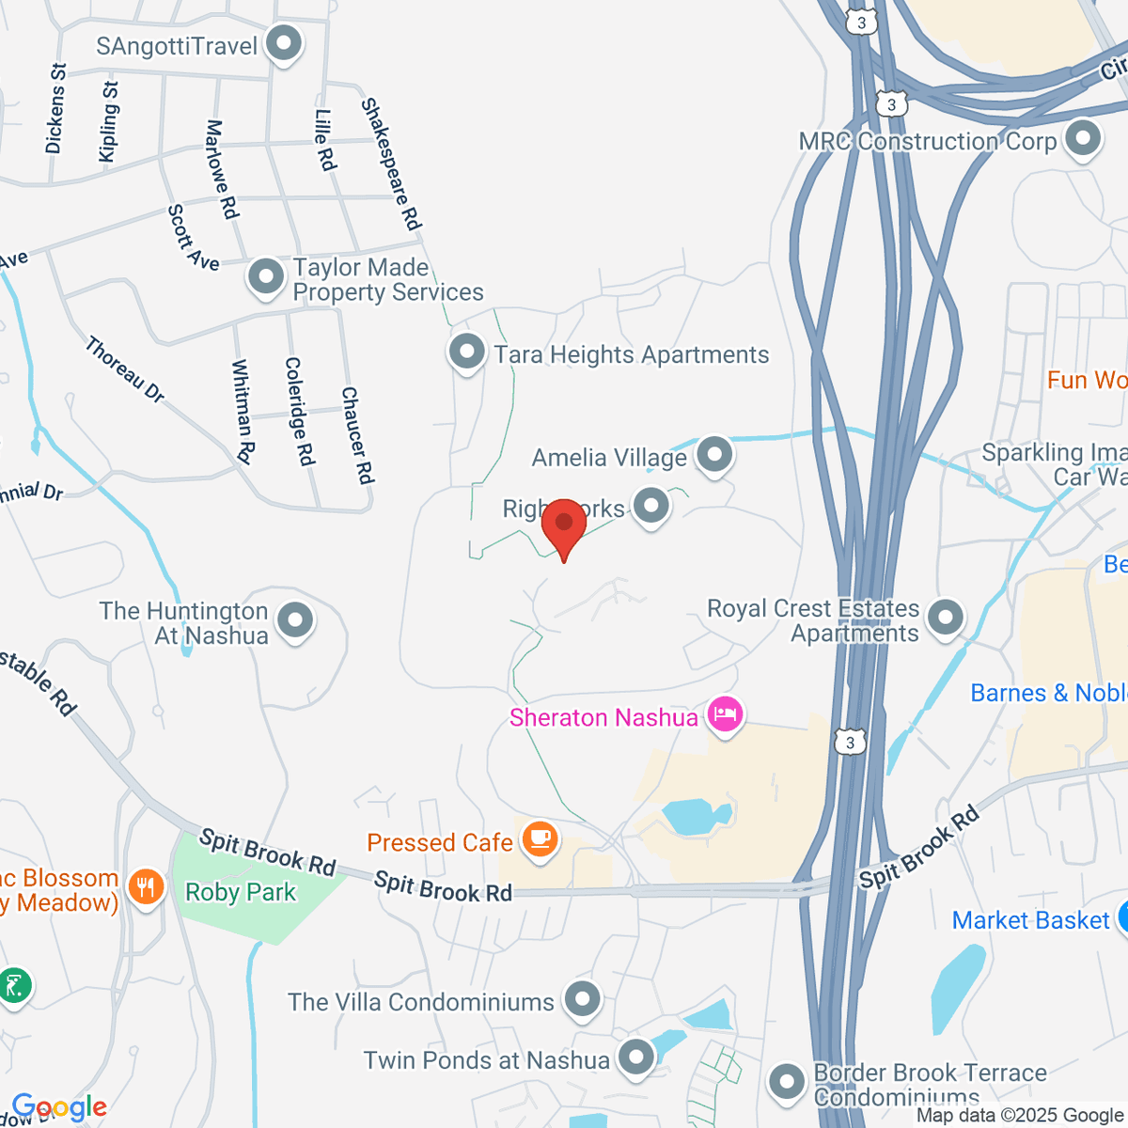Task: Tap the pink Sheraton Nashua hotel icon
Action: [x=725, y=716]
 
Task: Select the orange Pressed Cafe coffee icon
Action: [x=540, y=838]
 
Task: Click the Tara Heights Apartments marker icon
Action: [x=466, y=353]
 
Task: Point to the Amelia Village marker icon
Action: [x=715, y=456]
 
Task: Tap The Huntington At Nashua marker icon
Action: [x=296, y=620]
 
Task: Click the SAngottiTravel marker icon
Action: [x=283, y=43]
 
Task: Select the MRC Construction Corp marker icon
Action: [x=1084, y=139]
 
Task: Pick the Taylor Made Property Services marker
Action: [x=266, y=277]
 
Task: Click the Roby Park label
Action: [x=241, y=892]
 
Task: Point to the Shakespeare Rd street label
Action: [x=391, y=164]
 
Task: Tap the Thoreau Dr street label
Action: [x=125, y=370]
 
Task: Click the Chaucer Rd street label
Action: [x=357, y=435]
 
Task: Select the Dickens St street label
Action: [x=55, y=108]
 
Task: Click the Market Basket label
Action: [x=1031, y=919]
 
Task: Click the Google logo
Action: [x=59, y=1107]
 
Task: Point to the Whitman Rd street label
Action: [x=243, y=412]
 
